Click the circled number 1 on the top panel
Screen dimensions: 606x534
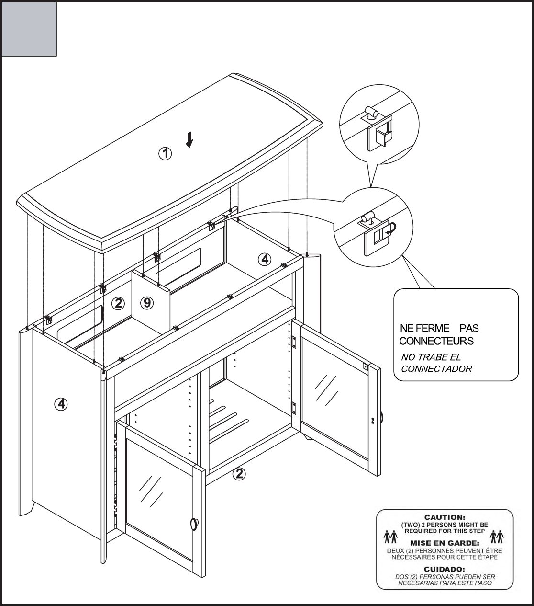click(165, 154)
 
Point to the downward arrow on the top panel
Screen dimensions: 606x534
click(190, 140)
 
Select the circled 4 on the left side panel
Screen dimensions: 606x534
click(61, 405)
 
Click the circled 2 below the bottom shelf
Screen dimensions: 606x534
click(239, 474)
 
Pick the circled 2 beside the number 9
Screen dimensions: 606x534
click(118, 303)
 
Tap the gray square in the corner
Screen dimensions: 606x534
click(29, 28)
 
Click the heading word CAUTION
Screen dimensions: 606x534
click(445, 517)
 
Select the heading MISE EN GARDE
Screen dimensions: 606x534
click(445, 543)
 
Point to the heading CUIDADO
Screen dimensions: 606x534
click(445, 569)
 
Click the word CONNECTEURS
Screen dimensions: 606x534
click(436, 341)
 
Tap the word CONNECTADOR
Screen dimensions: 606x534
click(436, 369)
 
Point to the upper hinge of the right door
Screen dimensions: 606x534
click(295, 342)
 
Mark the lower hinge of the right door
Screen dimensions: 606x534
click(295, 408)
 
